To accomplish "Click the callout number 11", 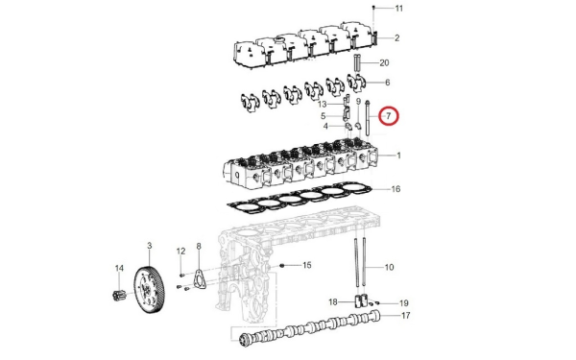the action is (399, 8).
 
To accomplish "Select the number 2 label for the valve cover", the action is (397, 37).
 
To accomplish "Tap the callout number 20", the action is (384, 63).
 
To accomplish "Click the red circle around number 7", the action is (389, 116).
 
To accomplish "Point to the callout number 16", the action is (396, 189).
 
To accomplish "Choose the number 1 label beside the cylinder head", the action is (398, 156).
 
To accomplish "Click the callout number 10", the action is (389, 267).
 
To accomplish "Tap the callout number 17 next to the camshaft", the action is (405, 316).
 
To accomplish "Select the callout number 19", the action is (404, 303).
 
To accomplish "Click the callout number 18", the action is (333, 302).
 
